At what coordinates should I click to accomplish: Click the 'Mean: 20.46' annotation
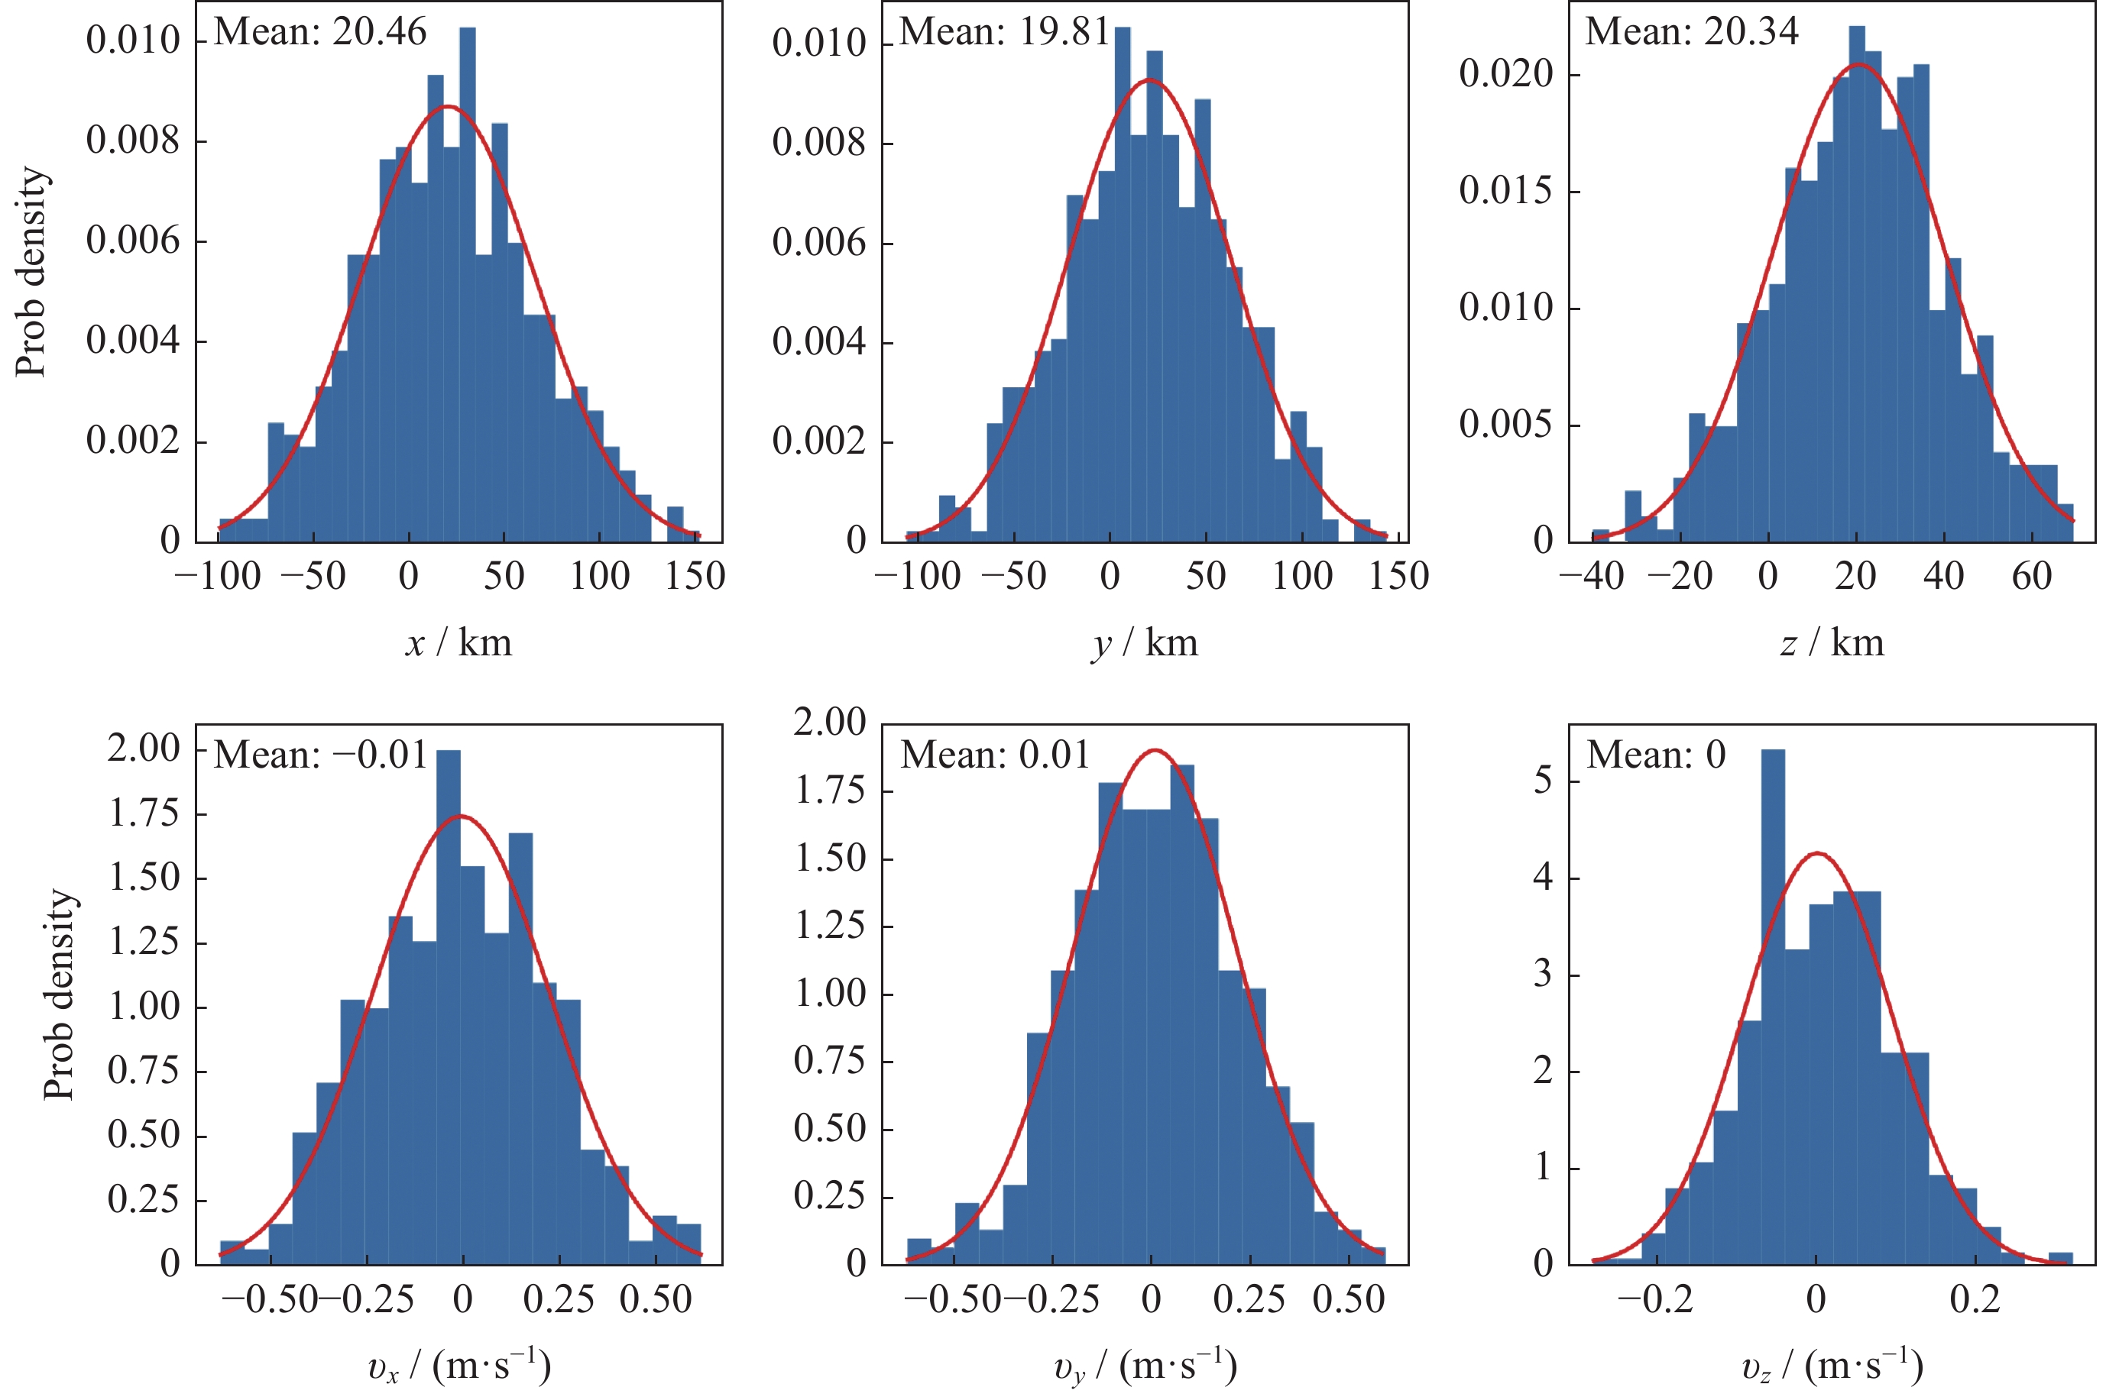[x=320, y=32]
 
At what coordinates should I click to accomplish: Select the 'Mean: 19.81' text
[x=1004, y=32]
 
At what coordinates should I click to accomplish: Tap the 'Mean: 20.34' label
[x=1692, y=32]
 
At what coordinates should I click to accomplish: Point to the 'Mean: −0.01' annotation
[x=321, y=755]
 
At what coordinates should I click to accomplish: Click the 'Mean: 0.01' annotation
[x=995, y=755]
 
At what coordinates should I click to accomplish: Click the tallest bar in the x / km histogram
[x=467, y=285]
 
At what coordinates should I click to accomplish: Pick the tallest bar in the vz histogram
[x=1773, y=1007]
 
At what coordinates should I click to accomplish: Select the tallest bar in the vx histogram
[x=449, y=1007]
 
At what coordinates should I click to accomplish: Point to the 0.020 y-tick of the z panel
[x=1505, y=75]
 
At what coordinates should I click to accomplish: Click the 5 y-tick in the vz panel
[x=1543, y=781]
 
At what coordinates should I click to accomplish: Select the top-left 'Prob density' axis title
[x=32, y=272]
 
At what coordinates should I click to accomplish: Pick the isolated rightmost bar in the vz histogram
[x=2061, y=1258]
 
